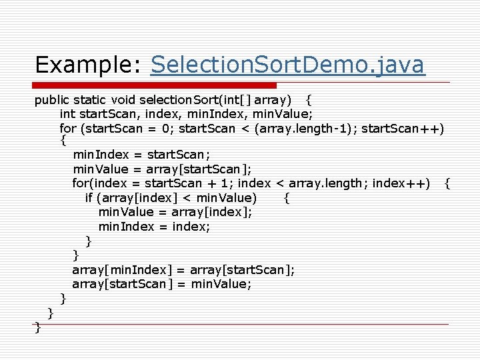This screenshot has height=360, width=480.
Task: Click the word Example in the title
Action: pyautogui.click(x=75, y=65)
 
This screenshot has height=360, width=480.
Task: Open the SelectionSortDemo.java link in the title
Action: pyautogui.click(x=287, y=65)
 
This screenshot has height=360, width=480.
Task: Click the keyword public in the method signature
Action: pyautogui.click(x=51, y=101)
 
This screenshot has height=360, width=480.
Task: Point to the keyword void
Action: pyautogui.click(x=123, y=101)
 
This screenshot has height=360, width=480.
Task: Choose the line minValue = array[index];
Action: pyautogui.click(x=175, y=212)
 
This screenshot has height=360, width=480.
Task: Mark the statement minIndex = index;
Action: pyautogui.click(x=154, y=227)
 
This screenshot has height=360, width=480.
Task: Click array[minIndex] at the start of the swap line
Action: pyautogui.click(x=122, y=269)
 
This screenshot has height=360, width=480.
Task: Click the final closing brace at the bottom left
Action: pyautogui.click(x=37, y=327)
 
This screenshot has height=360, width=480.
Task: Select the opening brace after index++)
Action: pyautogui.click(x=447, y=183)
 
